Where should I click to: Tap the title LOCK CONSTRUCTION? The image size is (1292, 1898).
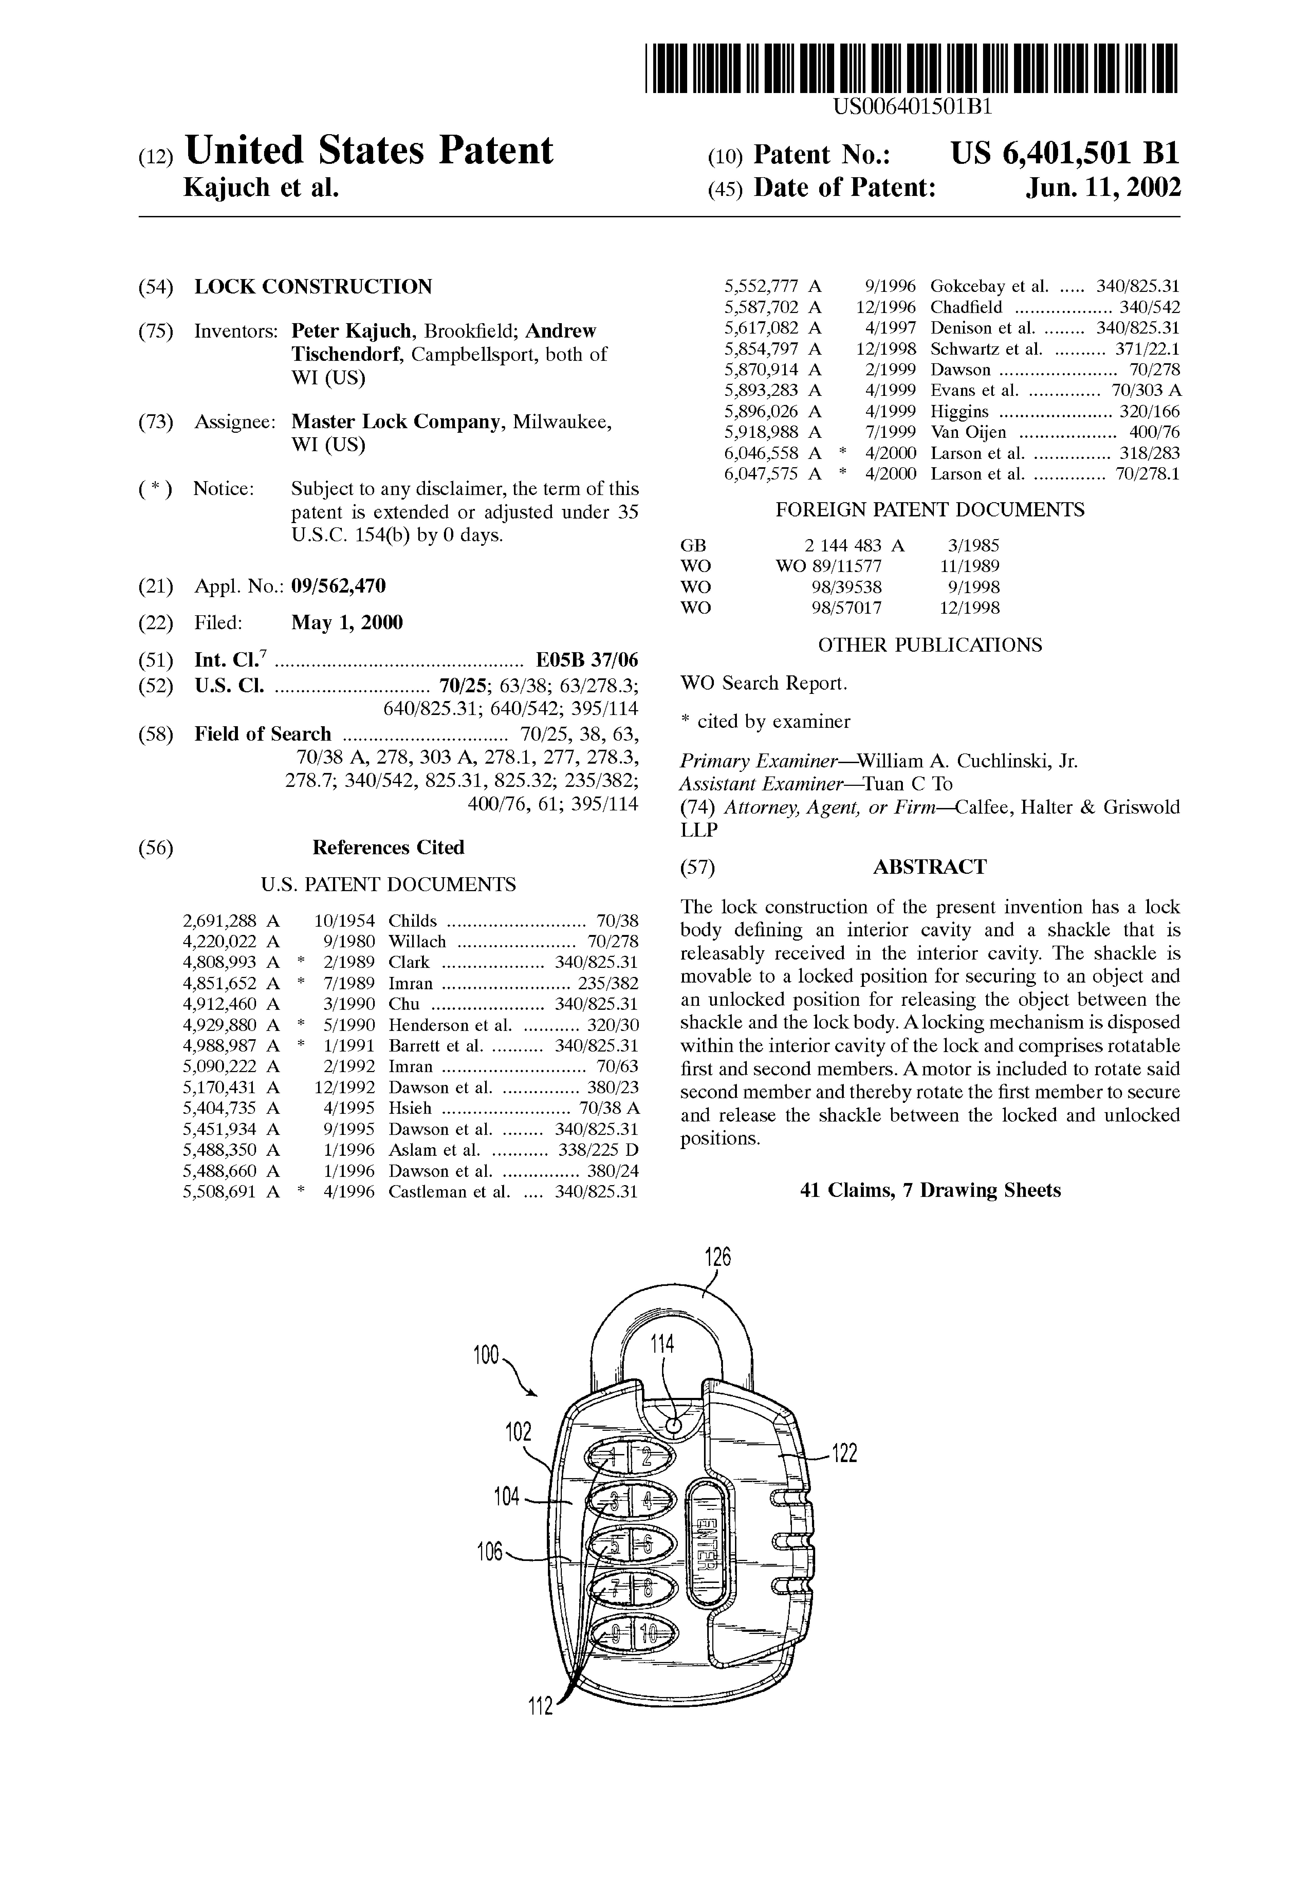[313, 287]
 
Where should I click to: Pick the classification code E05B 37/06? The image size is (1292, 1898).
[586, 660]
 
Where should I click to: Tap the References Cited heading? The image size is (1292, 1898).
[388, 848]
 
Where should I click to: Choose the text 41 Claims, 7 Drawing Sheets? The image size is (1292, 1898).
[930, 1190]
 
